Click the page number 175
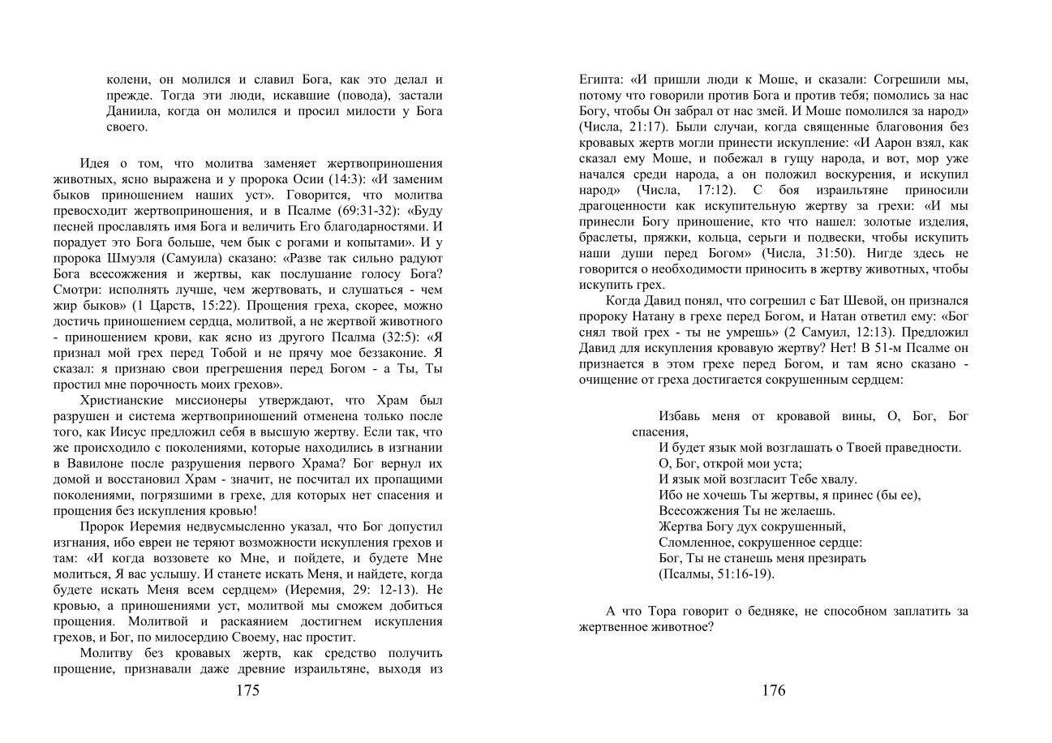pyautogui.click(x=247, y=691)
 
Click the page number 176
pyautogui.click(x=773, y=691)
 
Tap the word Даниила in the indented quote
pyautogui.click(x=134, y=111)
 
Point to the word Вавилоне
pyautogui.click(x=88, y=464)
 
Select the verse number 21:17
pyautogui.click(x=641, y=127)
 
